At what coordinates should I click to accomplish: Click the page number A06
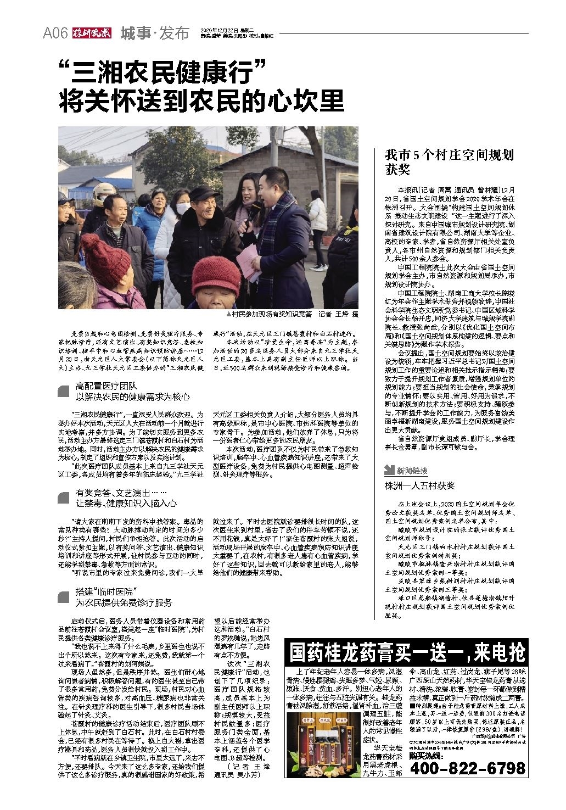click(x=55, y=33)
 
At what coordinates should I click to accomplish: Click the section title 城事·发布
click(x=154, y=33)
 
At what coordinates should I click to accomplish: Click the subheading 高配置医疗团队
click(x=107, y=387)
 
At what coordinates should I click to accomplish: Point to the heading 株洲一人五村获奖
click(x=419, y=486)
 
